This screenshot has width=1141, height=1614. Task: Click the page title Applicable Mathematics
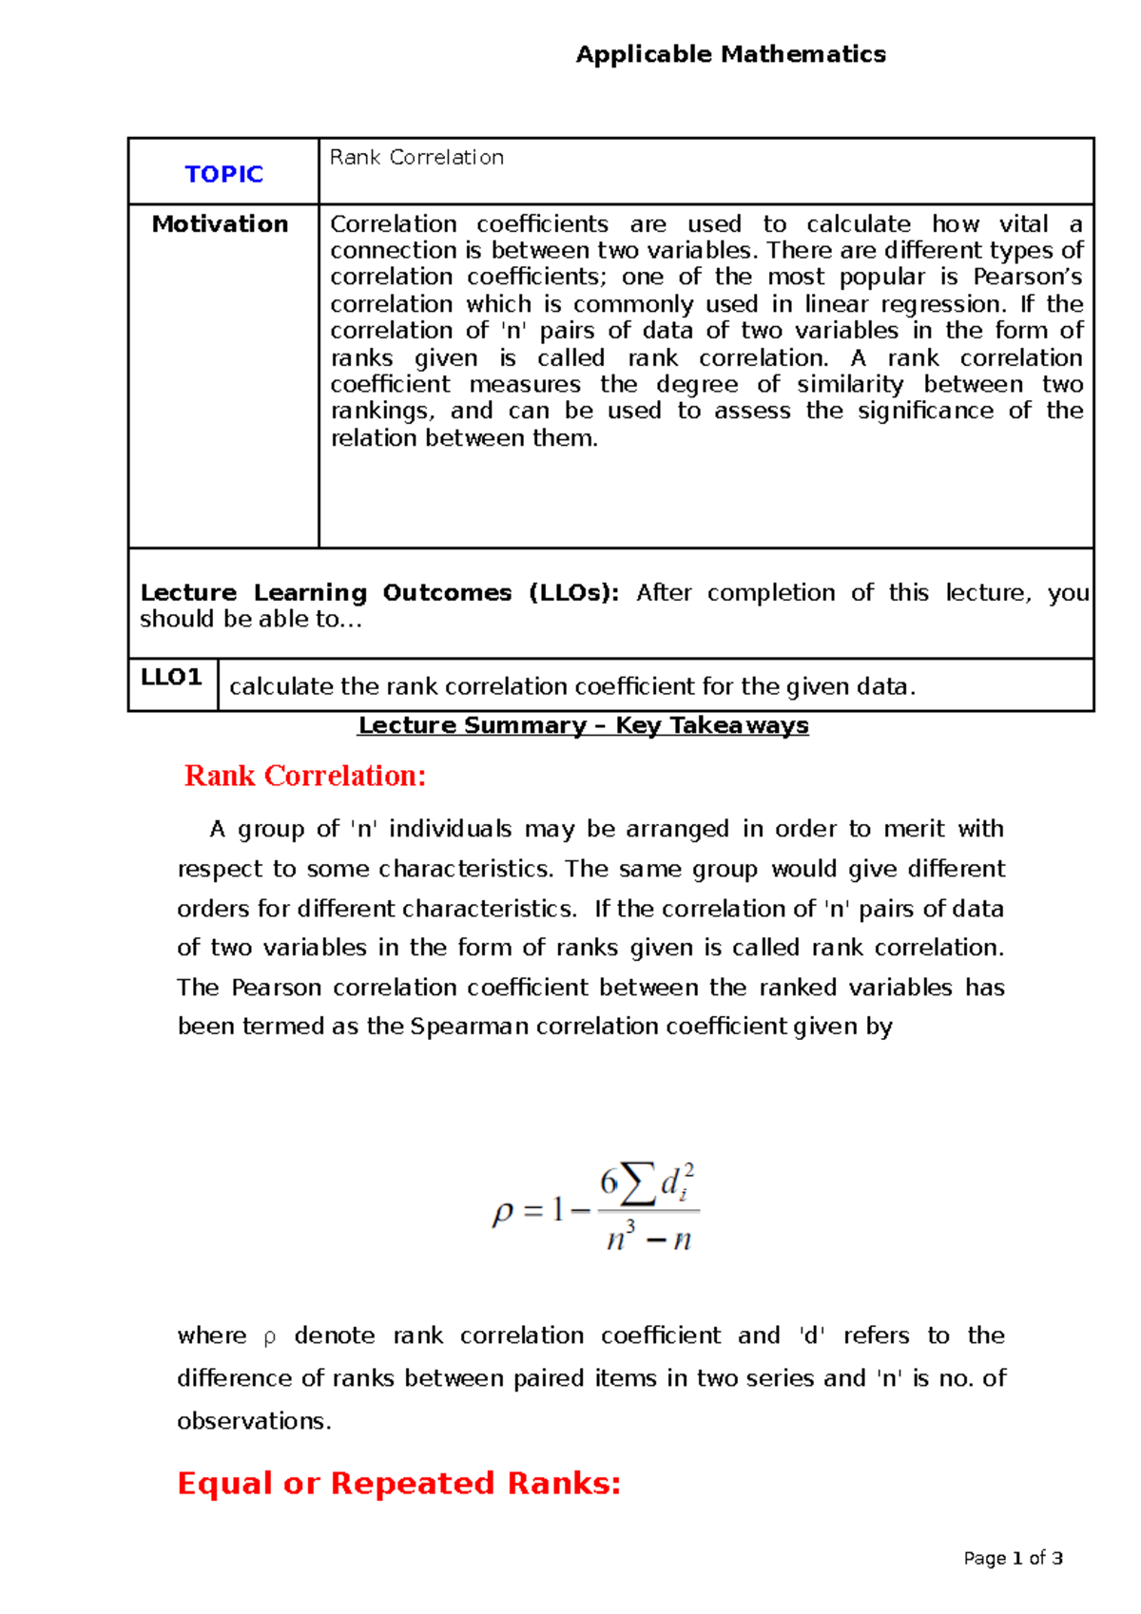coord(730,54)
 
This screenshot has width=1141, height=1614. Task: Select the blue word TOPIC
coord(223,174)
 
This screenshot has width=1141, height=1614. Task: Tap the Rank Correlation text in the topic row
coord(416,158)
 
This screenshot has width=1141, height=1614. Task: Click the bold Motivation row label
coord(220,224)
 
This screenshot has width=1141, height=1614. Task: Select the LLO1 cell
coord(171,678)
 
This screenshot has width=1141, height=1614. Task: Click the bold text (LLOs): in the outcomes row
coord(573,593)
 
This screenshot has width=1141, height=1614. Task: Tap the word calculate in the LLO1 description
coord(281,687)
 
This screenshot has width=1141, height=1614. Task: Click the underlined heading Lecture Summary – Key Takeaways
coord(583,726)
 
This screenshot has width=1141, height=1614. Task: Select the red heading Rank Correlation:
coord(304,776)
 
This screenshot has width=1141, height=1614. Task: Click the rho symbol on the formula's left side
coord(502,1212)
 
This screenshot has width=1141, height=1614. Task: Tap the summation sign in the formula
coord(638,1182)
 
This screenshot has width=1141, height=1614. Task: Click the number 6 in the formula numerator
coord(609,1182)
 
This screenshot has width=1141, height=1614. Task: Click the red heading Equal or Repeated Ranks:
coord(398,1483)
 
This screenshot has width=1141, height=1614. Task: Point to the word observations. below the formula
coord(254,1421)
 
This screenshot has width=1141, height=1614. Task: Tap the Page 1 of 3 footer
coord(1013,1559)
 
